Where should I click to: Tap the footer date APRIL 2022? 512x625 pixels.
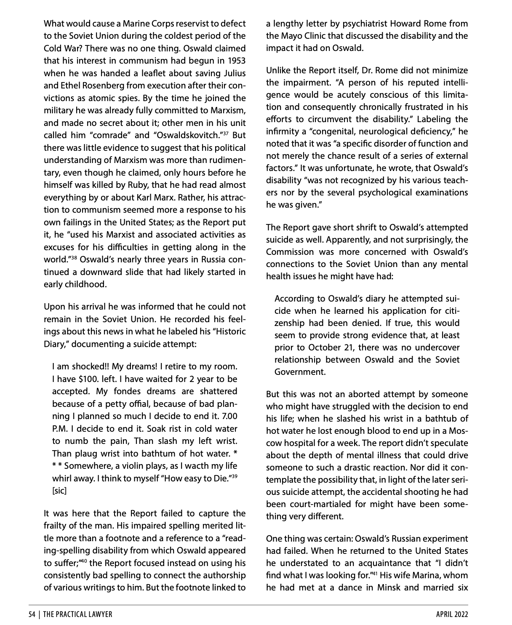coord(452,614)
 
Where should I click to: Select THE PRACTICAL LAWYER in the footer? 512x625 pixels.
coord(78,614)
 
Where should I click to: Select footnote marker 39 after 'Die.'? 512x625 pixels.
coord(234,476)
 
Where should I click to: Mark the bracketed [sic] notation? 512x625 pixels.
coord(59,491)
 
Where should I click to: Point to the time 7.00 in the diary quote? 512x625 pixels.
coord(229,416)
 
